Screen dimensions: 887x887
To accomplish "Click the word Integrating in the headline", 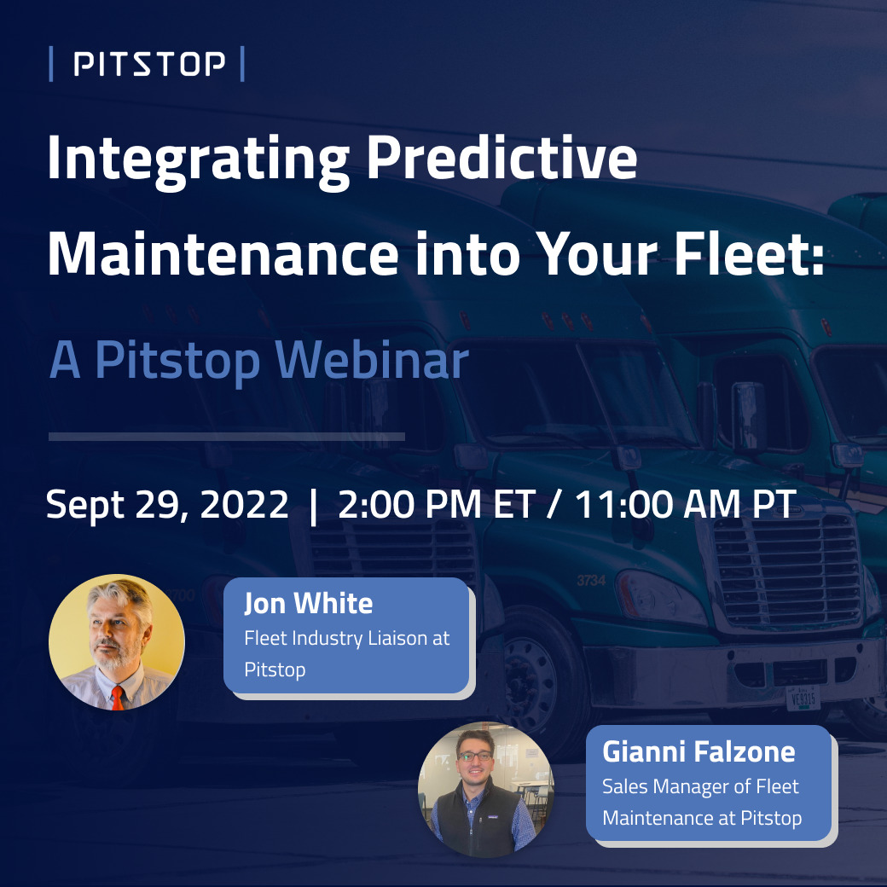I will tap(197, 159).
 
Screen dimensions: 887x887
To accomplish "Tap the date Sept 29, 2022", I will tap(167, 505).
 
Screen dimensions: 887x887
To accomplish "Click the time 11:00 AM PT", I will tap(686, 505).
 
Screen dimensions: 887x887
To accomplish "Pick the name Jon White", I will tap(308, 604).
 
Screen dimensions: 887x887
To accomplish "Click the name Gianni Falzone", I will tap(698, 752).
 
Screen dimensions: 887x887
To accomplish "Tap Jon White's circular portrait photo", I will tap(116, 641).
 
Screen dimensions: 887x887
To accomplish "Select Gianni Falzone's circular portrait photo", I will tap(485, 790).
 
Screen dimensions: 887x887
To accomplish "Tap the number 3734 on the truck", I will tap(591, 581).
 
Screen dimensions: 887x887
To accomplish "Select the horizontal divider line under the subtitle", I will tap(226, 437).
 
